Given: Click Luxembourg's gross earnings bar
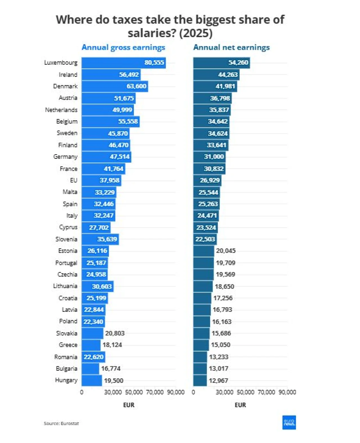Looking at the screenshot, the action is coord(123,63).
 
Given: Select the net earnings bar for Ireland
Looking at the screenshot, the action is coord(216,74).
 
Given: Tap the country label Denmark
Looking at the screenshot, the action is coord(65,86).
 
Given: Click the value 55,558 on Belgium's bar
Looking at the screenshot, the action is coord(128,121).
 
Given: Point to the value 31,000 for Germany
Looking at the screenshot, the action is coord(214,156).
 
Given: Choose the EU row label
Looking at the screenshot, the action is coord(74,180).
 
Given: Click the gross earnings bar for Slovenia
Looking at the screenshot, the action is coord(100,239).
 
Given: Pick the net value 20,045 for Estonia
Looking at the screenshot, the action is coord(226,251).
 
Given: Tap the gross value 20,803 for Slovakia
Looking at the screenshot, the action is coord(115,333).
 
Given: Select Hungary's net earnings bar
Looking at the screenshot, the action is coord(200,381).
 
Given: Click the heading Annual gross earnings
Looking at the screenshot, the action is coord(123,48).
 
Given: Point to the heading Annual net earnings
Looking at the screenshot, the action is coord(231,48).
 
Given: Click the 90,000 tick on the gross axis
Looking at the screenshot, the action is coord(176,392).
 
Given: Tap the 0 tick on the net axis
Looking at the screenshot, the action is coord(193,392).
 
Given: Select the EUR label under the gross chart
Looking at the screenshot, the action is coord(129,405).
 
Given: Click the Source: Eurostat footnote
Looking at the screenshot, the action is coord(61,423).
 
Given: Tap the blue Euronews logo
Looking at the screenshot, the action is coord(289,422).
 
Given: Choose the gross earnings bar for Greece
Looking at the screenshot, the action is coord(91,345).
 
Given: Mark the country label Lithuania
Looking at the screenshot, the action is coord(65,286).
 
